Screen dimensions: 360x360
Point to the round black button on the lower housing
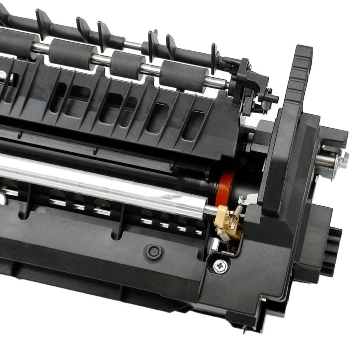click(x=152, y=251)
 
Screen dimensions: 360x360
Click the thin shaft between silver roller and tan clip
click(x=212, y=209)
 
